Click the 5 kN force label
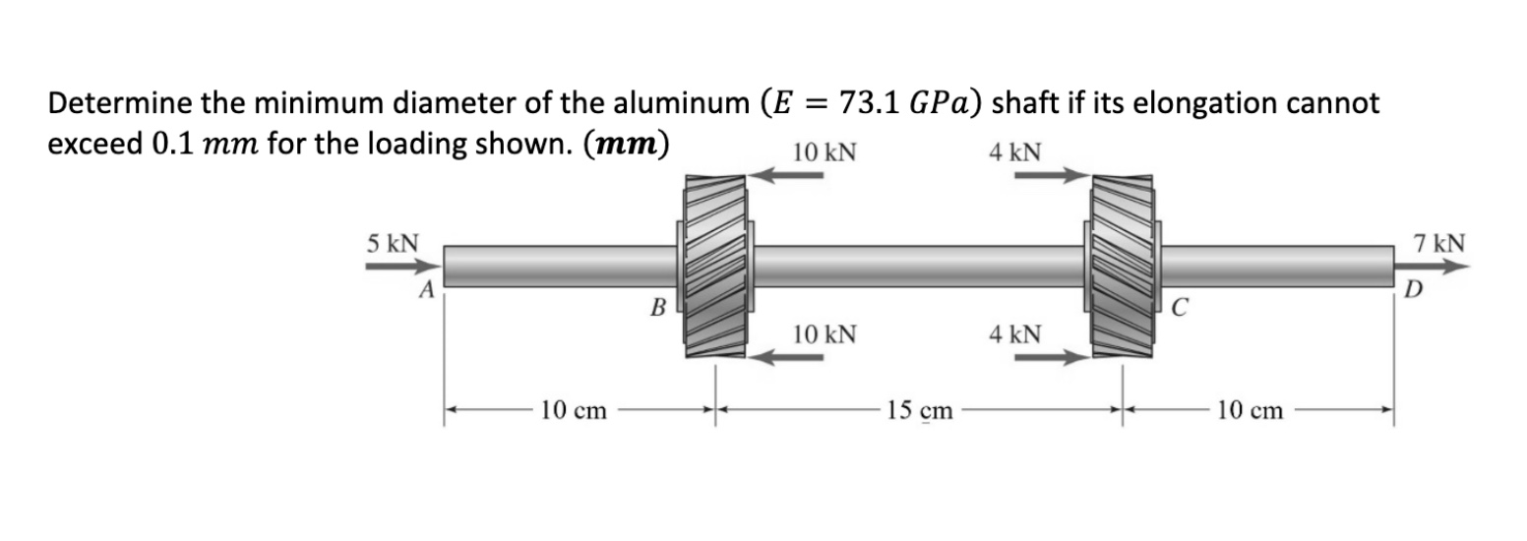393,242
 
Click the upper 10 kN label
824,152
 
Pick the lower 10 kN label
824,334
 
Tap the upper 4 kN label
1016,152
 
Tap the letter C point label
1177,306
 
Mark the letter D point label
1413,289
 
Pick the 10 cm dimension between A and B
573,410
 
